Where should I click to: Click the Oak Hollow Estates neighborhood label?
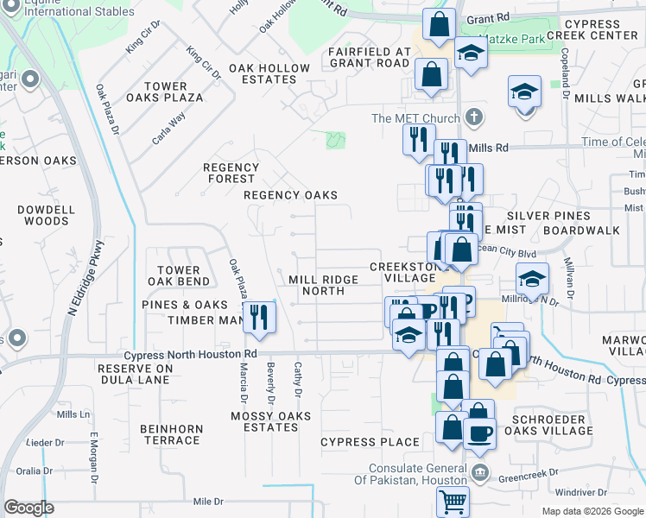269,73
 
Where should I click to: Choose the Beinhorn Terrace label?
171,434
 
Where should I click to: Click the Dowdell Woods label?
46,215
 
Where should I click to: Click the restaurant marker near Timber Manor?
258,317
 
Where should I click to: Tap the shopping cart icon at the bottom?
453,501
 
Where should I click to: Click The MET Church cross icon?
472,117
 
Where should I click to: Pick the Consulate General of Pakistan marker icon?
481,473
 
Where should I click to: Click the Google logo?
28,508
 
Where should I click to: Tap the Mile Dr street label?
208,501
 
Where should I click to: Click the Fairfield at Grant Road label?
368,57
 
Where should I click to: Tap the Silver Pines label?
548,216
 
